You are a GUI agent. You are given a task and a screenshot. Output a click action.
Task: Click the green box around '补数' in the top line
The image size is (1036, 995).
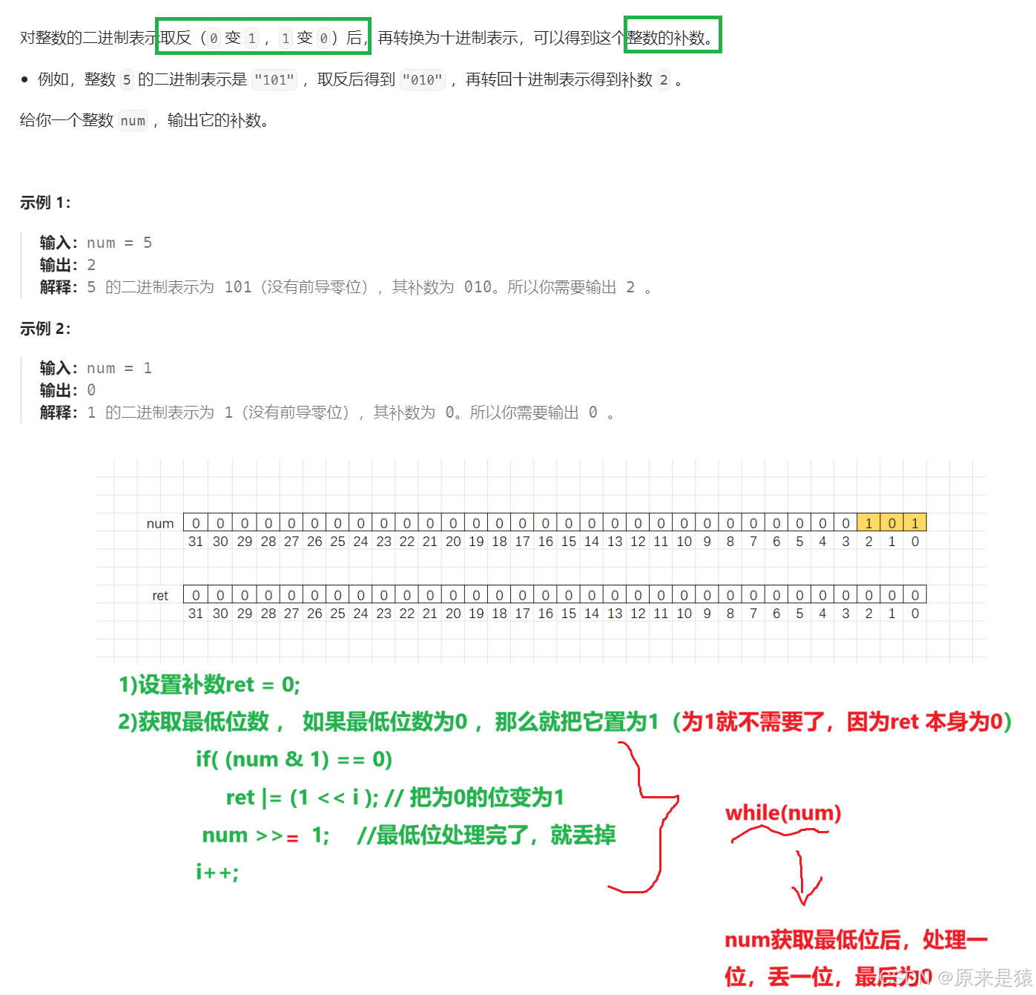(x=673, y=35)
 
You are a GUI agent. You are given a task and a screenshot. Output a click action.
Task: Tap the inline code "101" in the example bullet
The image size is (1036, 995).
(x=274, y=79)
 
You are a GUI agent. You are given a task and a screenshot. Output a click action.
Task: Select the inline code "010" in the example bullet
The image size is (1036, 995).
(x=423, y=79)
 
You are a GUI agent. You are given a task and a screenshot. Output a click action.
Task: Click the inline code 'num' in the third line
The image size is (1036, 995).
(x=133, y=121)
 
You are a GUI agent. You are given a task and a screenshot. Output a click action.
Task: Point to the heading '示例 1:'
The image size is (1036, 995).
(x=45, y=203)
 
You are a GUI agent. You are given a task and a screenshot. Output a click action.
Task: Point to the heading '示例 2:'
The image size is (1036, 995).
(x=45, y=329)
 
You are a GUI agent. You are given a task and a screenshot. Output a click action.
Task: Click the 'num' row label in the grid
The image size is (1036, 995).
(x=160, y=523)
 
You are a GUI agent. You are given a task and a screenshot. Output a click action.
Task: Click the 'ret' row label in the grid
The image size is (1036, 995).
(x=160, y=595)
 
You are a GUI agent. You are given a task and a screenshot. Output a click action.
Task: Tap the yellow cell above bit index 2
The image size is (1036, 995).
(x=868, y=523)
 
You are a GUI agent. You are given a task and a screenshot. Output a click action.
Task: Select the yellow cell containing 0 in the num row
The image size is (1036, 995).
(x=891, y=523)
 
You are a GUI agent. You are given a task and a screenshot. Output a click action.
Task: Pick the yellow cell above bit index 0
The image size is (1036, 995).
(x=914, y=523)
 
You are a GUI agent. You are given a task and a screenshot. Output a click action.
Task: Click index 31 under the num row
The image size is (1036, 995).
(x=196, y=541)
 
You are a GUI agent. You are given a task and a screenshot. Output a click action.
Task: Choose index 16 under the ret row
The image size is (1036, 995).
(x=546, y=614)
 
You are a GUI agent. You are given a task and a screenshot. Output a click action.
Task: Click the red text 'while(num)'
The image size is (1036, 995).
(x=783, y=813)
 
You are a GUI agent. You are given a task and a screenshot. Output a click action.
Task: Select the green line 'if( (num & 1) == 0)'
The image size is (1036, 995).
(x=294, y=759)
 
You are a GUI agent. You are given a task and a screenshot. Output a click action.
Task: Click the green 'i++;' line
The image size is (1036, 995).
(x=217, y=872)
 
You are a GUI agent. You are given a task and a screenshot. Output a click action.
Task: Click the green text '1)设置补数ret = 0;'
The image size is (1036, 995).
(x=209, y=684)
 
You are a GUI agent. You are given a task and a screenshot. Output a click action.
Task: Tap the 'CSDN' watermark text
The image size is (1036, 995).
(x=904, y=977)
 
